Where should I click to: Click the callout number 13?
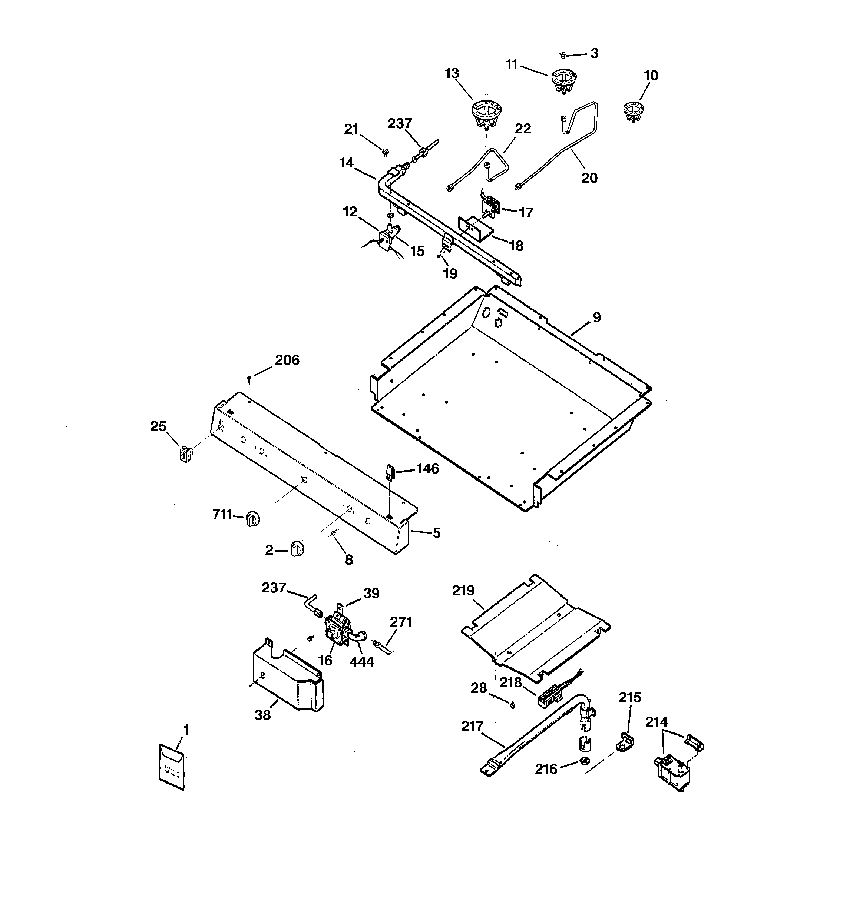pyautogui.click(x=451, y=73)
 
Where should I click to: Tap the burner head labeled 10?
pyautogui.click(x=632, y=111)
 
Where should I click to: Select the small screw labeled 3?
pyautogui.click(x=563, y=55)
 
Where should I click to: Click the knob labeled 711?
pyautogui.click(x=252, y=519)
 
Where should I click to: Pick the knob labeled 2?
pyautogui.click(x=297, y=549)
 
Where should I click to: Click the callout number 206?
pyautogui.click(x=287, y=360)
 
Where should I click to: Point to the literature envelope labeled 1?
pyautogui.click(x=172, y=767)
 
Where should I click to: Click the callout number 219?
pyautogui.click(x=463, y=591)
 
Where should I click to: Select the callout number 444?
pyautogui.click(x=362, y=661)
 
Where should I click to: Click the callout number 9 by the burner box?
pyautogui.click(x=596, y=318)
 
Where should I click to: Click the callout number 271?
pyautogui.click(x=401, y=622)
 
